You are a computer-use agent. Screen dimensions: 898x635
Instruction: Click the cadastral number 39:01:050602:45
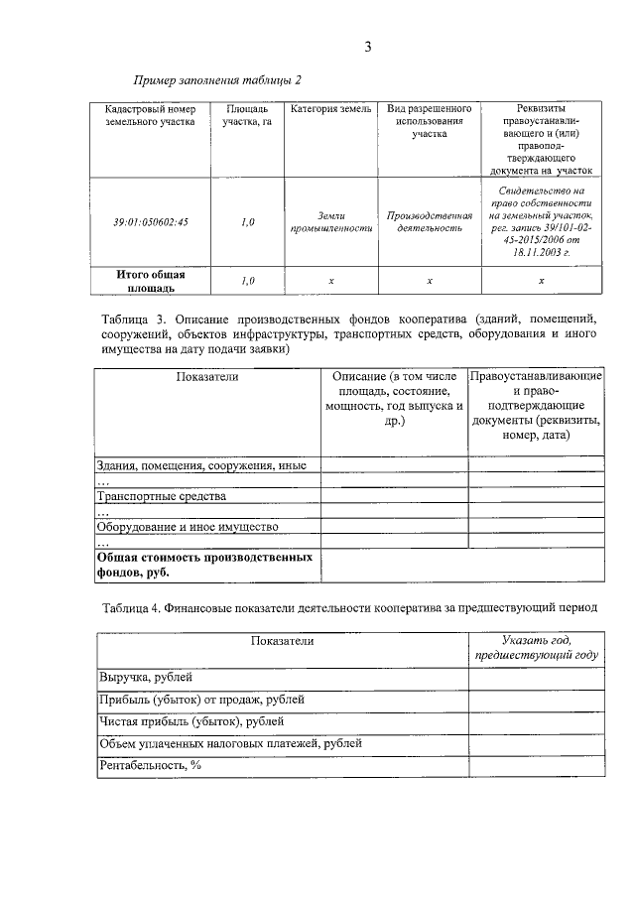(x=150, y=222)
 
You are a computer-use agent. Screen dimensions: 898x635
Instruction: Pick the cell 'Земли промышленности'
(x=331, y=221)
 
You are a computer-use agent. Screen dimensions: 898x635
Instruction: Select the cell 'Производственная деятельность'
(x=430, y=221)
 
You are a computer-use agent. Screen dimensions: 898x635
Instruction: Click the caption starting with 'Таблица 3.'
(x=350, y=334)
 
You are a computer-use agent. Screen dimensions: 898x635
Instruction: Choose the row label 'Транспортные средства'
(x=162, y=495)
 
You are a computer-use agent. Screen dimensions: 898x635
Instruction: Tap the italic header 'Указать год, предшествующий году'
(x=536, y=648)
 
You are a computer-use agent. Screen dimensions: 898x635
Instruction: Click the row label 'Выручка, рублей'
(x=140, y=678)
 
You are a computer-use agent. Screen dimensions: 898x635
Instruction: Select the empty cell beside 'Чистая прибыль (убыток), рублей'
(x=536, y=721)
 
